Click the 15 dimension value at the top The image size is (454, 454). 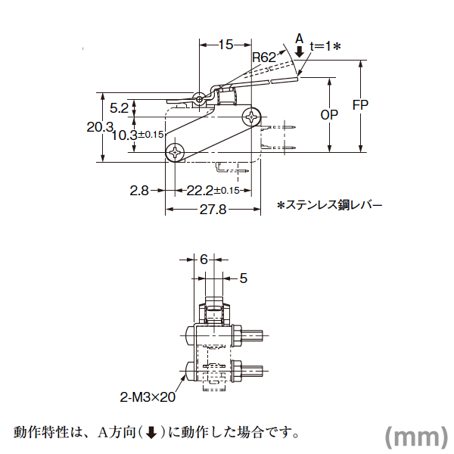(225, 45)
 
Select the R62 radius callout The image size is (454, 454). (264, 58)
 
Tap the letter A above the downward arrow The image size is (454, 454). (300, 39)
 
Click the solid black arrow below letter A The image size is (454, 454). (300, 51)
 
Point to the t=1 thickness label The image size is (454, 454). (325, 46)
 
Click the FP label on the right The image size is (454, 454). (360, 105)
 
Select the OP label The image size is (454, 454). (329, 115)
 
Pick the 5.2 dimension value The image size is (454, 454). (119, 108)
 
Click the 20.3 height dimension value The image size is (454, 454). (100, 127)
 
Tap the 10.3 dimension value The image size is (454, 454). (125, 135)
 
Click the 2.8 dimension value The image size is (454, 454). (139, 191)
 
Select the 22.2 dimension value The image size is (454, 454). (200, 191)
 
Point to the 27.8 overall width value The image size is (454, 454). (213, 210)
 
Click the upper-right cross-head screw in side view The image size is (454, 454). (251, 117)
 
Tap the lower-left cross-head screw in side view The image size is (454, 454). (176, 152)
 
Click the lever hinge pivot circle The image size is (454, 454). (199, 99)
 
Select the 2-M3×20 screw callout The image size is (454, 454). (148, 397)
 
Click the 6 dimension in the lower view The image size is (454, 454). (204, 260)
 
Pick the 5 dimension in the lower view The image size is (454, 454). (244, 278)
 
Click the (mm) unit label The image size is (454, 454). (416, 437)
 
